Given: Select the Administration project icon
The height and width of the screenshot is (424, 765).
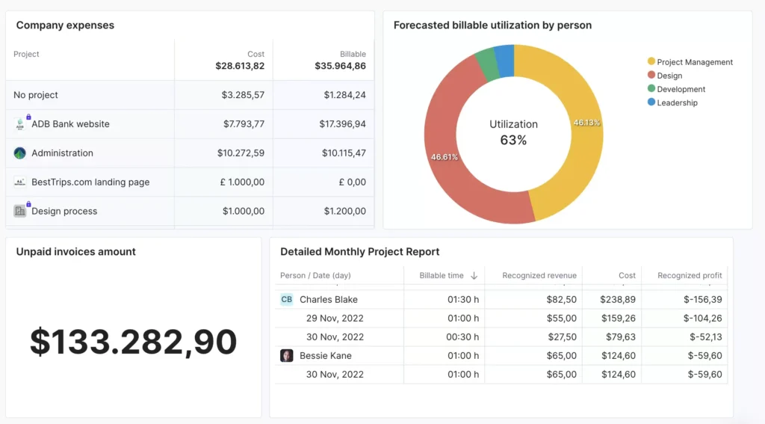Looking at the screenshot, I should pos(20,153).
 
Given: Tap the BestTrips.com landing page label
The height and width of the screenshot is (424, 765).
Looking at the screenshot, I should pos(90,182).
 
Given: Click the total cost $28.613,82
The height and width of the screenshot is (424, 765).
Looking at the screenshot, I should pos(240,66).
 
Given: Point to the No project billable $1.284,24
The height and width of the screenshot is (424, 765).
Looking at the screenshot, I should pos(344,95).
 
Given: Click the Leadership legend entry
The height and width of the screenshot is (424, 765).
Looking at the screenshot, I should pos(677,102).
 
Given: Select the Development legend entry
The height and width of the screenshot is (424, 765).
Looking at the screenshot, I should pos(681,89).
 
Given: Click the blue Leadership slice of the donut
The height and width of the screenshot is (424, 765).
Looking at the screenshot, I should pos(505,60).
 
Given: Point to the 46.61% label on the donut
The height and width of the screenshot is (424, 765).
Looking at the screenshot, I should pos(444,157).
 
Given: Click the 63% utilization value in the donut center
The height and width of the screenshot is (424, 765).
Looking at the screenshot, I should pos(513,140).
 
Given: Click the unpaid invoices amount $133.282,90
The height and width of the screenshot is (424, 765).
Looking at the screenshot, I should pos(133,342).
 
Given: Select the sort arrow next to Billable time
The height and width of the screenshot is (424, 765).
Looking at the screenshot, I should pos(474,276).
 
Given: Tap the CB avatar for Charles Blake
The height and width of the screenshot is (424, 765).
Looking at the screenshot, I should pos(287,299).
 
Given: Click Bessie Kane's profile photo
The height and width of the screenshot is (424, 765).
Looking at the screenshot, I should pos(287,356).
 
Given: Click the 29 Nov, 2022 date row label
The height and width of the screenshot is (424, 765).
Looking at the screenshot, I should pos(335,319).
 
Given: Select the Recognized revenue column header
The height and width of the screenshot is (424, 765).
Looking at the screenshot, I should pos(539,276).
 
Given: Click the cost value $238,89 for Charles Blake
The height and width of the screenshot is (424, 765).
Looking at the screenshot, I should pos(618,299).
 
